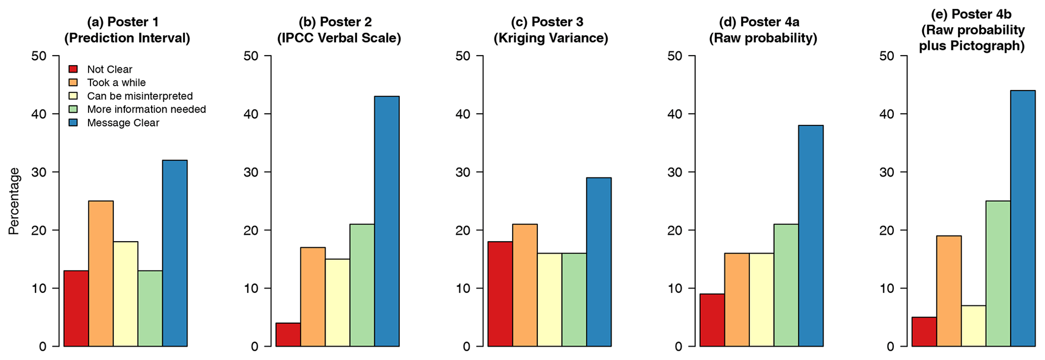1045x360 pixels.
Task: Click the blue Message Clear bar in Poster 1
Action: tap(175, 253)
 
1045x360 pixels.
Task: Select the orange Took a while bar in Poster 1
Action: tap(101, 273)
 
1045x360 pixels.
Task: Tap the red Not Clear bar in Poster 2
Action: tap(288, 335)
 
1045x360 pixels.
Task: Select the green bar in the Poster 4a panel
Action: tap(786, 285)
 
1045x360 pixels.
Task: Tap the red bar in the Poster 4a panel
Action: tap(712, 320)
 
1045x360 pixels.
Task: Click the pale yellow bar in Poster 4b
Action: tap(973, 326)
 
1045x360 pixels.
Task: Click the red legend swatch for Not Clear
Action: tap(73, 69)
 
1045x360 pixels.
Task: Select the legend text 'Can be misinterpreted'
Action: tap(140, 96)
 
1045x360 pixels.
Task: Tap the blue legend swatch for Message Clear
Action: tap(73, 123)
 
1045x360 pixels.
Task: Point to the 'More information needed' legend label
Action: tap(146, 109)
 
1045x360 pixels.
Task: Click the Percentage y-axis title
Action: tap(14, 201)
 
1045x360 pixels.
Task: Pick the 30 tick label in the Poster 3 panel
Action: tap(463, 172)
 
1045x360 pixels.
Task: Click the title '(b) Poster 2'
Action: tap(335, 22)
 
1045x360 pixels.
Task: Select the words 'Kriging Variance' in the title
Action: tap(551, 38)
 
